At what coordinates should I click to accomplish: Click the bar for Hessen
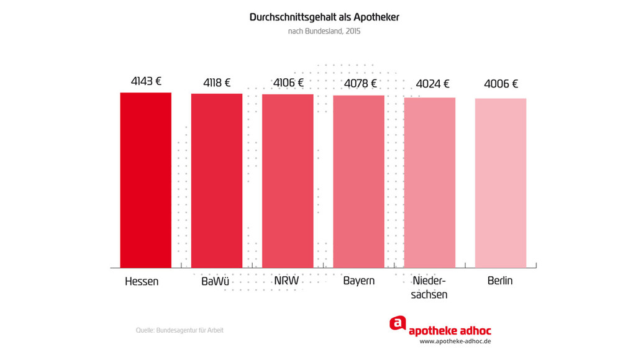pos(145,180)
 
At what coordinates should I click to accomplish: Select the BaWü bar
pos(216,181)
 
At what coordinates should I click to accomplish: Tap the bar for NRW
pos(288,181)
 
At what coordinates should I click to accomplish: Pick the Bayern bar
pos(358,181)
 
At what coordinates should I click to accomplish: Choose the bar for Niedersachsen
pos(429,182)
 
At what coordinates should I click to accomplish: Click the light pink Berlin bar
pos(501,183)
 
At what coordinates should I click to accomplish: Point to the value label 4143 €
pos(146,81)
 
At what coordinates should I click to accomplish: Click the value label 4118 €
pos(217,83)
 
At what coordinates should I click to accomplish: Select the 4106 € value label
pos(288,83)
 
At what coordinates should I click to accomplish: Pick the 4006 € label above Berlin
pos(501,84)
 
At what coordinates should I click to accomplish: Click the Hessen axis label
pos(142,281)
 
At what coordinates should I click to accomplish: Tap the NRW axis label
pos(286,281)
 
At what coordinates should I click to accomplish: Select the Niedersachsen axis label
pos(429,287)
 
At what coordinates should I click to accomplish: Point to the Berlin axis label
pos(500,281)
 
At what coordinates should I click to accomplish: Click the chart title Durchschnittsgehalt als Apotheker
pos(324,17)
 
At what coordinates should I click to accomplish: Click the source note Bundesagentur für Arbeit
pos(180,330)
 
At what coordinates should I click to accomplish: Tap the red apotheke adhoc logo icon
pos(398,323)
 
